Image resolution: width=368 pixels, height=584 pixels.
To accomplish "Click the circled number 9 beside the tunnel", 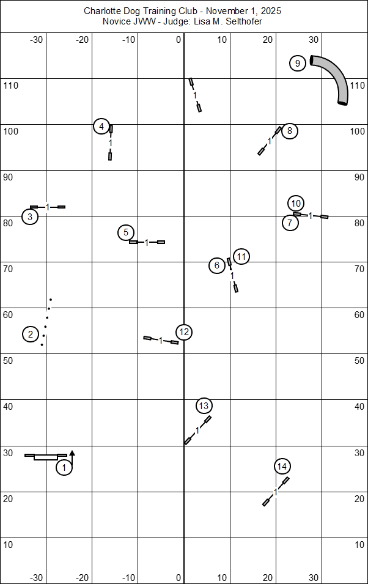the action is tap(297, 64).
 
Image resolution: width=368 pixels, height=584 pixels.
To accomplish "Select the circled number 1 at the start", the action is tap(64, 468).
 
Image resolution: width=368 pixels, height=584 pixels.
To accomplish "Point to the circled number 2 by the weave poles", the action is tap(30, 334).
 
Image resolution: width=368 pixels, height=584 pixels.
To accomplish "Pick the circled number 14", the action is tap(281, 467).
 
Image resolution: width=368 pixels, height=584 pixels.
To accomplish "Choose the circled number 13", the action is tap(204, 405).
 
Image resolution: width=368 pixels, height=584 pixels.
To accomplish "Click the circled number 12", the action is tap(184, 332).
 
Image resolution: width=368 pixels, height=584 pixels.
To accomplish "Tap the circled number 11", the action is tap(241, 257).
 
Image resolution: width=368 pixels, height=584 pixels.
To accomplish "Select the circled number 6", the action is tap(217, 265).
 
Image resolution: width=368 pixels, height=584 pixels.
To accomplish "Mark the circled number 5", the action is tap(125, 232).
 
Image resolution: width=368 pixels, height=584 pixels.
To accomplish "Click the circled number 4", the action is tap(102, 127).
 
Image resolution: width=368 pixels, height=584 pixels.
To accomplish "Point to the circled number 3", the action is tap(30, 216).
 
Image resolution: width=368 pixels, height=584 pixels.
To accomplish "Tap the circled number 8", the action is tap(290, 130).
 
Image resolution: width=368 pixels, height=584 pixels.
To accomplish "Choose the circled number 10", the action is tap(296, 203).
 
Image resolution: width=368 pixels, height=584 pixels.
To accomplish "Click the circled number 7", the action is tap(290, 223).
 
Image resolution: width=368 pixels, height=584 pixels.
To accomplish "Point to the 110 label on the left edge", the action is tap(11, 85).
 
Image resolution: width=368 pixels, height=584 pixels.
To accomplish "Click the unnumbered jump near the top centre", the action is tap(195, 95).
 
